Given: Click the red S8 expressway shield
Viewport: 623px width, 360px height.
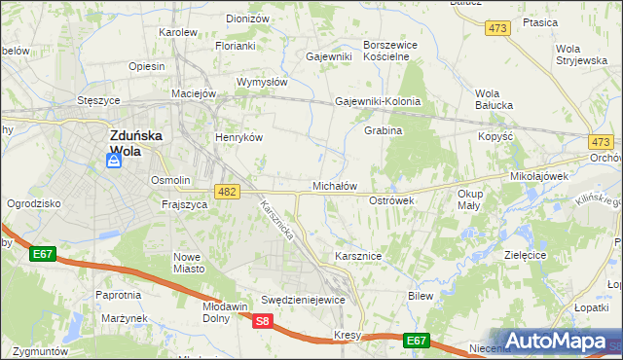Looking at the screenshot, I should [x=262, y=321].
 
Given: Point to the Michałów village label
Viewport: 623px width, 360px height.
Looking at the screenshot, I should [x=335, y=185].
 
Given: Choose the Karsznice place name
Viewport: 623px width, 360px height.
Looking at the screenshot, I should [x=357, y=256].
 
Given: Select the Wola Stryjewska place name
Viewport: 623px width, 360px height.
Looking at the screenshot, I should [x=581, y=54].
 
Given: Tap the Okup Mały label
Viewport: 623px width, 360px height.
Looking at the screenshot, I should [x=470, y=199].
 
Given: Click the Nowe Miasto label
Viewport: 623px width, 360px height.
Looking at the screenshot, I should [x=186, y=263].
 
